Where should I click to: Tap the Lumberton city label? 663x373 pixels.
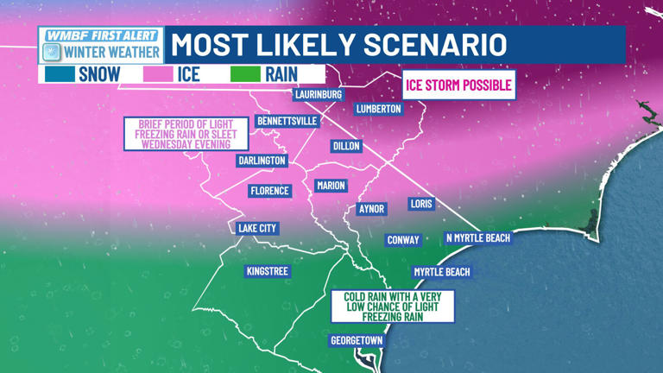pyautogui.click(x=379, y=109)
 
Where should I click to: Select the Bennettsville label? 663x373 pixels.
pyautogui.click(x=287, y=122)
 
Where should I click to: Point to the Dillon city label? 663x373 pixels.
pyautogui.click(x=346, y=146)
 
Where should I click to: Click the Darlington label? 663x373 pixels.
pyautogui.click(x=262, y=161)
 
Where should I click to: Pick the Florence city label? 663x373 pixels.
pyautogui.click(x=269, y=190)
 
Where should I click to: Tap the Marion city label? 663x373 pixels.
pyautogui.click(x=331, y=186)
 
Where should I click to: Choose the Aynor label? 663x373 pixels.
pyautogui.click(x=371, y=209)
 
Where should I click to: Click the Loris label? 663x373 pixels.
pyautogui.click(x=421, y=204)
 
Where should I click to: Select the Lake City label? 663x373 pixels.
pyautogui.click(x=257, y=228)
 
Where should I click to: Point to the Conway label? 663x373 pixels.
pyautogui.click(x=403, y=240)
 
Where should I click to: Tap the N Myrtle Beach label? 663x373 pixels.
pyautogui.click(x=477, y=237)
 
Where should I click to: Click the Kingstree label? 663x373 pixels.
pyautogui.click(x=268, y=271)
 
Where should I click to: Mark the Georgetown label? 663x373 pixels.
pyautogui.click(x=357, y=340)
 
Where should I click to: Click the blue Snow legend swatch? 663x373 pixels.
pyautogui.click(x=58, y=74)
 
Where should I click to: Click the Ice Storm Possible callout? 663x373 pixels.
pyautogui.click(x=459, y=85)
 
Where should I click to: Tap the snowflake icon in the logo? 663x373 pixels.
pyautogui.click(x=52, y=51)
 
